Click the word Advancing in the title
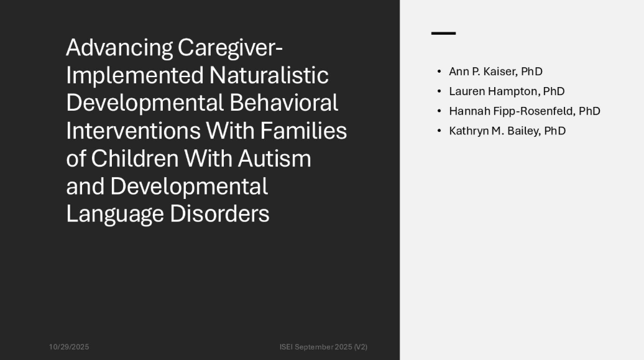pos(119,48)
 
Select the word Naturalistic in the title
pos(269,75)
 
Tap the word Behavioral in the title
pos(284,103)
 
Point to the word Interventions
pos(134,131)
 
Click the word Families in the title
pos(303,131)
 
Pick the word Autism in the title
pos(275,159)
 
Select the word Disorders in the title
pos(219,214)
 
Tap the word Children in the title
pos(135,159)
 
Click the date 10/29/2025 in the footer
pos(69,347)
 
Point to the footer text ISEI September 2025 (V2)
pos(324,347)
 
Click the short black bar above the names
pos(444,34)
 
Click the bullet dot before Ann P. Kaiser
pos(439,72)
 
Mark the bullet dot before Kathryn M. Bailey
pos(439,131)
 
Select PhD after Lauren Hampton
pos(554,91)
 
